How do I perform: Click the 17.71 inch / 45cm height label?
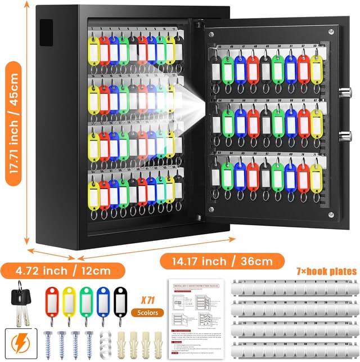point(13,127)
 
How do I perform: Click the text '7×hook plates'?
point(326,271)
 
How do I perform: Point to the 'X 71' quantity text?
point(145,299)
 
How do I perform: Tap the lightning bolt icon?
point(19,343)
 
